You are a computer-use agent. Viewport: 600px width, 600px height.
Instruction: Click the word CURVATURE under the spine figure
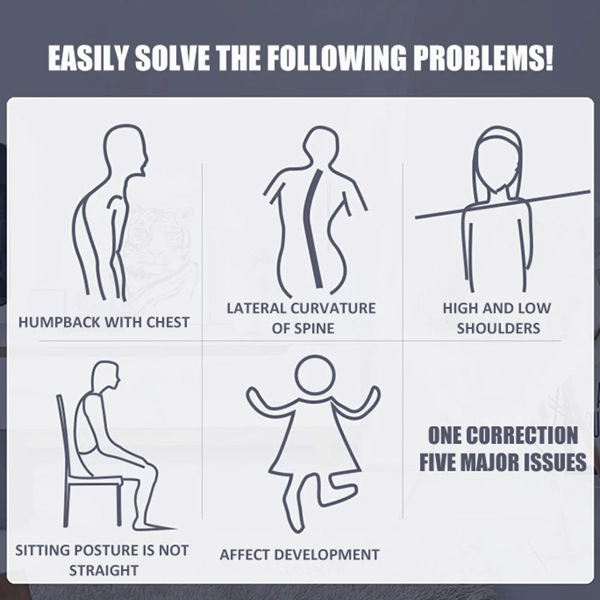coord(333,308)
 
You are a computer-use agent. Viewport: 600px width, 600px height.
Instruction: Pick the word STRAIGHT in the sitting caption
coord(104,570)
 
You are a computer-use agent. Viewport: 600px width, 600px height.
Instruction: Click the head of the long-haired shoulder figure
coord(498,161)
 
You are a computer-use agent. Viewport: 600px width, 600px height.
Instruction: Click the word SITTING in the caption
coord(42,550)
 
